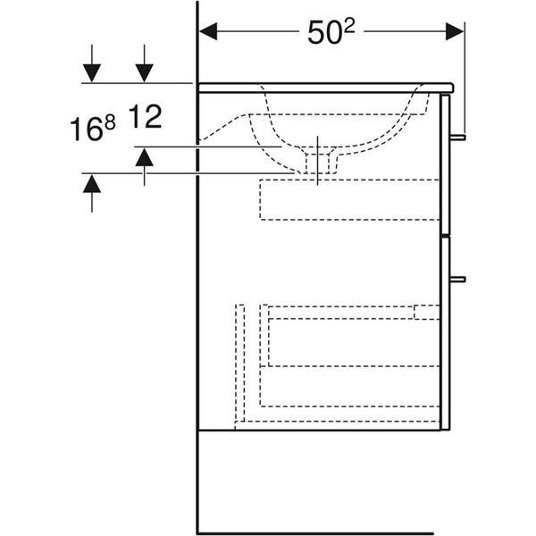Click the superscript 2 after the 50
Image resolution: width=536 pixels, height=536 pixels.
(x=349, y=26)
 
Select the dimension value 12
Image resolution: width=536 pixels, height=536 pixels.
(x=145, y=117)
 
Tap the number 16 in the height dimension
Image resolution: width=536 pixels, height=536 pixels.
(x=86, y=129)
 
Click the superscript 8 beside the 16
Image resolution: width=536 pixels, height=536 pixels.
(x=110, y=122)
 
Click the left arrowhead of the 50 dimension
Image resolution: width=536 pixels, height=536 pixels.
(x=208, y=31)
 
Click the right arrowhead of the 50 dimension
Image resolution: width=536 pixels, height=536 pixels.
(x=455, y=31)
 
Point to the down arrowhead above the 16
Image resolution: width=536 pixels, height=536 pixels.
(x=92, y=73)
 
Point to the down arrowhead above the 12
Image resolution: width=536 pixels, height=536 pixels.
(x=144, y=73)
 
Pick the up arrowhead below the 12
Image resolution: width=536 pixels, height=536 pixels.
(x=144, y=157)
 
